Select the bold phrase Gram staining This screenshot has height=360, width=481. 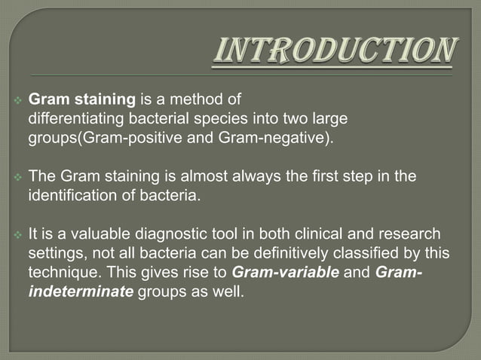[71, 99]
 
